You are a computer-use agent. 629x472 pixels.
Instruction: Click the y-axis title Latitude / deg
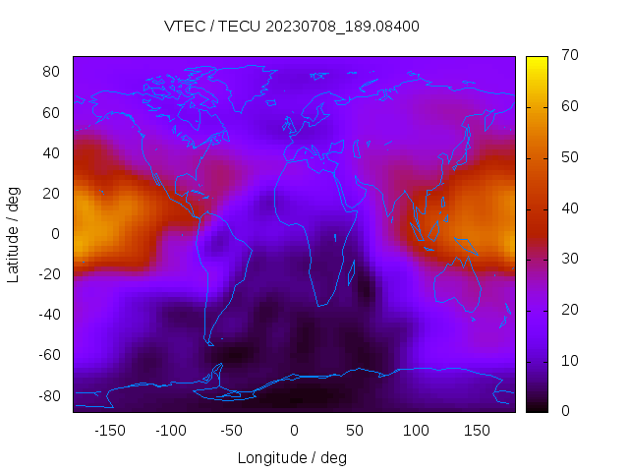(x=14, y=234)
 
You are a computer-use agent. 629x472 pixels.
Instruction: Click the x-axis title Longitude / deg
(x=292, y=457)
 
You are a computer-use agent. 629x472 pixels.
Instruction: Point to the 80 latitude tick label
(x=52, y=72)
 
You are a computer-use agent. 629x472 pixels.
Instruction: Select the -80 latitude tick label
(x=49, y=395)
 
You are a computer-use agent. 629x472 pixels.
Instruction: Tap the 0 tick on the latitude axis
(x=56, y=234)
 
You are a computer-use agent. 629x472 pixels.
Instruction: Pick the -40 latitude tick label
(x=49, y=315)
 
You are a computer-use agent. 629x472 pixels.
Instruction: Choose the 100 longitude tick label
(x=416, y=430)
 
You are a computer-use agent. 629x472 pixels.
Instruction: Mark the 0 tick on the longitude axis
(x=293, y=430)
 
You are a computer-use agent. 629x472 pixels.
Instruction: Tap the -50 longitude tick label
(x=232, y=430)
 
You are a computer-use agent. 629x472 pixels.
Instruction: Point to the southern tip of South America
(x=208, y=341)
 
